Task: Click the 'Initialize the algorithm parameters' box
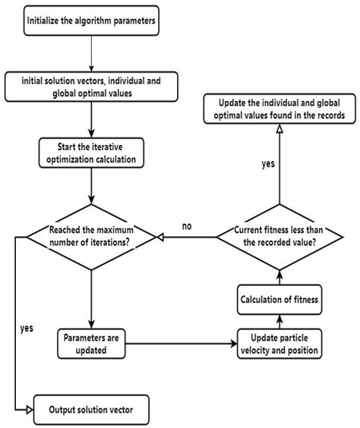pyautogui.click(x=90, y=20)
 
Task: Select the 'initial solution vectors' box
pyautogui.click(x=90, y=84)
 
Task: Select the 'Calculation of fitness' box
pyautogui.click(x=277, y=298)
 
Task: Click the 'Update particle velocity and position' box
pyautogui.click(x=277, y=344)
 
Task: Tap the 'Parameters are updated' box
pyautogui.click(x=90, y=344)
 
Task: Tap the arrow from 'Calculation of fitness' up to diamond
pyautogui.click(x=277, y=276)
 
